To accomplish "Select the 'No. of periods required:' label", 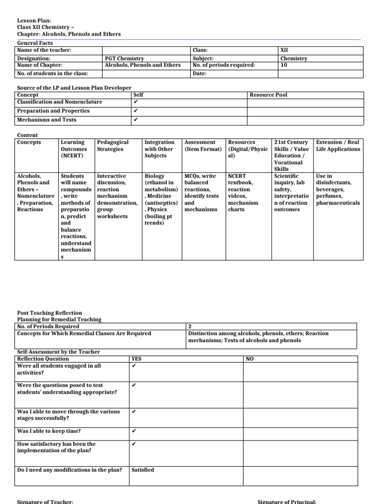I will (x=224, y=64).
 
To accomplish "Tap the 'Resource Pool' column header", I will (x=268, y=94).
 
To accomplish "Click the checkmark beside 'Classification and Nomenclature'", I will (x=135, y=102).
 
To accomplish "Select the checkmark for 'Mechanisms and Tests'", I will (x=135, y=120).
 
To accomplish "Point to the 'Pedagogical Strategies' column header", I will (x=113, y=145).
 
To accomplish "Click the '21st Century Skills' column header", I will (x=291, y=145).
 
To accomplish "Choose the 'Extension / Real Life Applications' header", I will (x=338, y=145).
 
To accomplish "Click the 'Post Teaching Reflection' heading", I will (x=50, y=313).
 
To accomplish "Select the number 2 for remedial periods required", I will (x=190, y=326).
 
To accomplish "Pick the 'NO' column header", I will (x=250, y=359).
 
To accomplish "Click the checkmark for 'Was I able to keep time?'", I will (x=134, y=431).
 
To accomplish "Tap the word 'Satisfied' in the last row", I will (x=143, y=470).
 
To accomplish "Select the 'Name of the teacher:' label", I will (x=44, y=50).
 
